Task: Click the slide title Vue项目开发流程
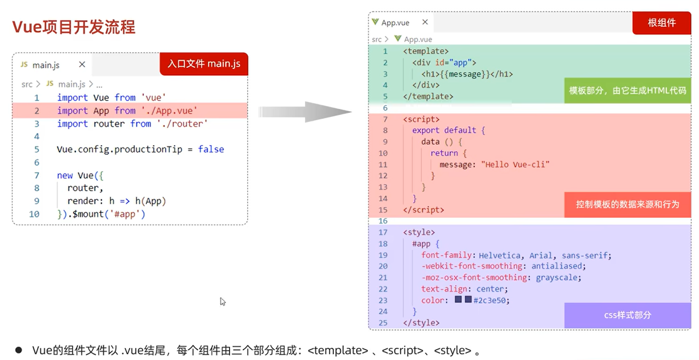point(74,27)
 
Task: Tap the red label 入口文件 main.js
point(204,64)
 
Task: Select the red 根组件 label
point(661,23)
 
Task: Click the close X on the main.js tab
point(82,64)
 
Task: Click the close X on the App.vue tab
point(424,22)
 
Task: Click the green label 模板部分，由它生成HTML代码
point(627,91)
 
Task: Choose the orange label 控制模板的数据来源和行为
point(627,204)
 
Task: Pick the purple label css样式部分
point(627,315)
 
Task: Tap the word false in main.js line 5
point(211,149)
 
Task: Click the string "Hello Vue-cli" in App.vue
point(515,164)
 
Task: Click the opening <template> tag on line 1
point(426,51)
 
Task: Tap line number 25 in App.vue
point(383,323)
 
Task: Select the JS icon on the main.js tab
point(24,64)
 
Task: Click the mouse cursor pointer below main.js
point(222,301)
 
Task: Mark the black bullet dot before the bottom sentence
point(19,350)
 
